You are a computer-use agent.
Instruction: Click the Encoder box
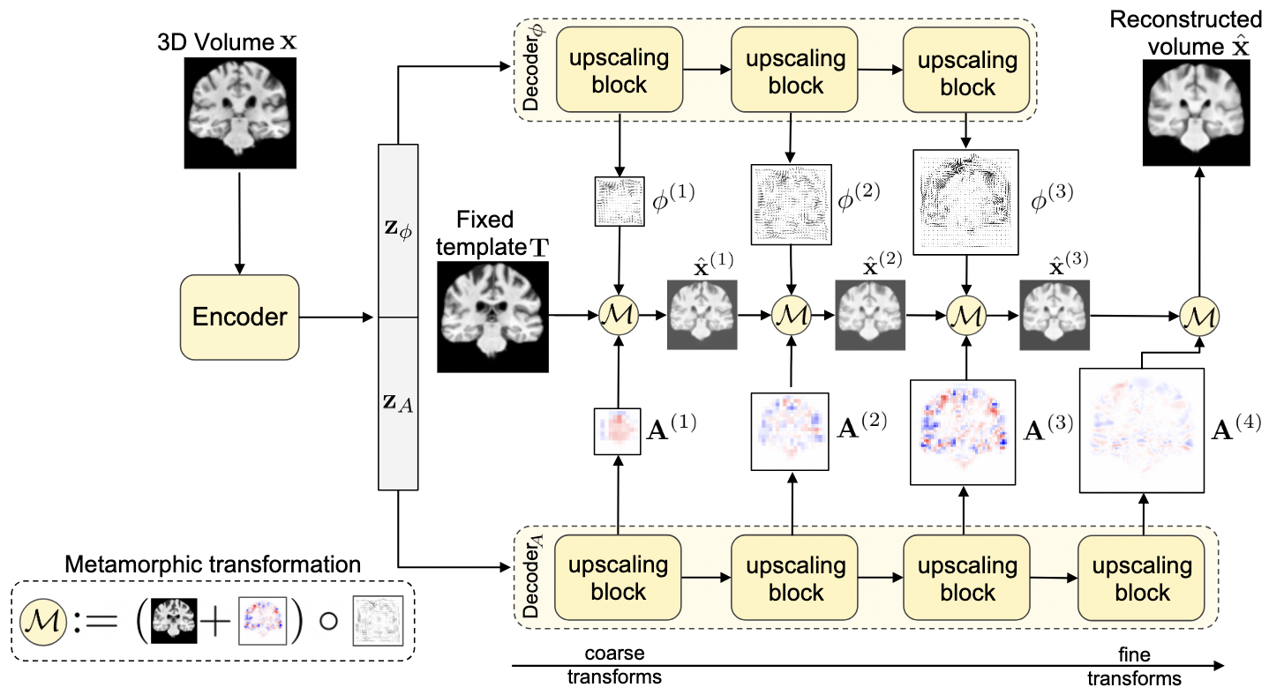pos(239,316)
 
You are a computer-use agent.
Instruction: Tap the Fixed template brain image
pos(492,316)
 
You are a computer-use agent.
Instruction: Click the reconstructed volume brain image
pos(1198,114)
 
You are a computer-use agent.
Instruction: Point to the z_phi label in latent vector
pos(399,233)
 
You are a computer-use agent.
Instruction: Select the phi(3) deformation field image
pos(967,202)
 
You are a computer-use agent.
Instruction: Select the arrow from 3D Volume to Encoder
pos(238,220)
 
